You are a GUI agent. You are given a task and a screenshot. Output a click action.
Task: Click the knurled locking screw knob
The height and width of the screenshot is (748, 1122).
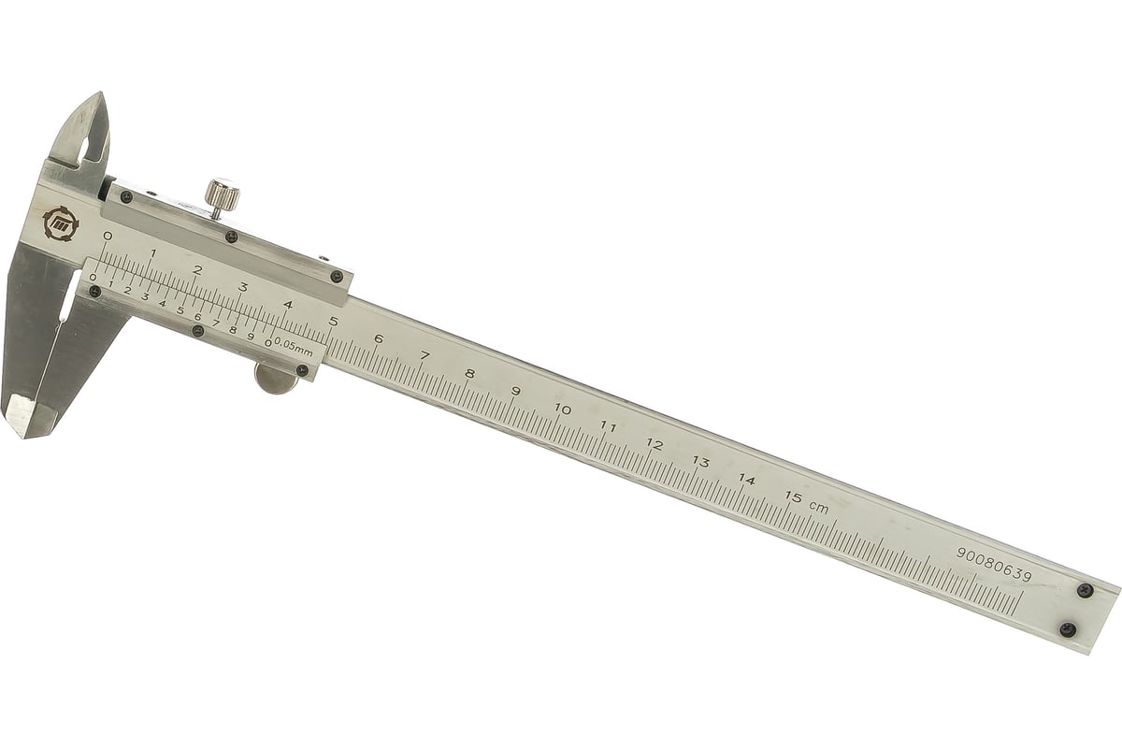tap(223, 194)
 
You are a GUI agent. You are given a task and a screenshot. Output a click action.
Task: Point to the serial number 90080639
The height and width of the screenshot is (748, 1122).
tap(994, 565)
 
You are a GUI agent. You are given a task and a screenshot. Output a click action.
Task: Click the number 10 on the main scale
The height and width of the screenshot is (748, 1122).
tap(563, 410)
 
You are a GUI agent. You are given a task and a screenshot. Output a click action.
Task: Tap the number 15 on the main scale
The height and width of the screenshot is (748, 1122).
tap(794, 497)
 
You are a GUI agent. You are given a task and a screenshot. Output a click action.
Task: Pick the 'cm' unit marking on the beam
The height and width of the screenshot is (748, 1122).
tap(819, 508)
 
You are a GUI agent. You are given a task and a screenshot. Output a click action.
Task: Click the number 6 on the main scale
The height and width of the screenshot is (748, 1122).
tap(379, 339)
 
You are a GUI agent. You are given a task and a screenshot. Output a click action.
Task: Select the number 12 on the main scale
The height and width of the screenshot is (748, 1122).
tap(654, 444)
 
